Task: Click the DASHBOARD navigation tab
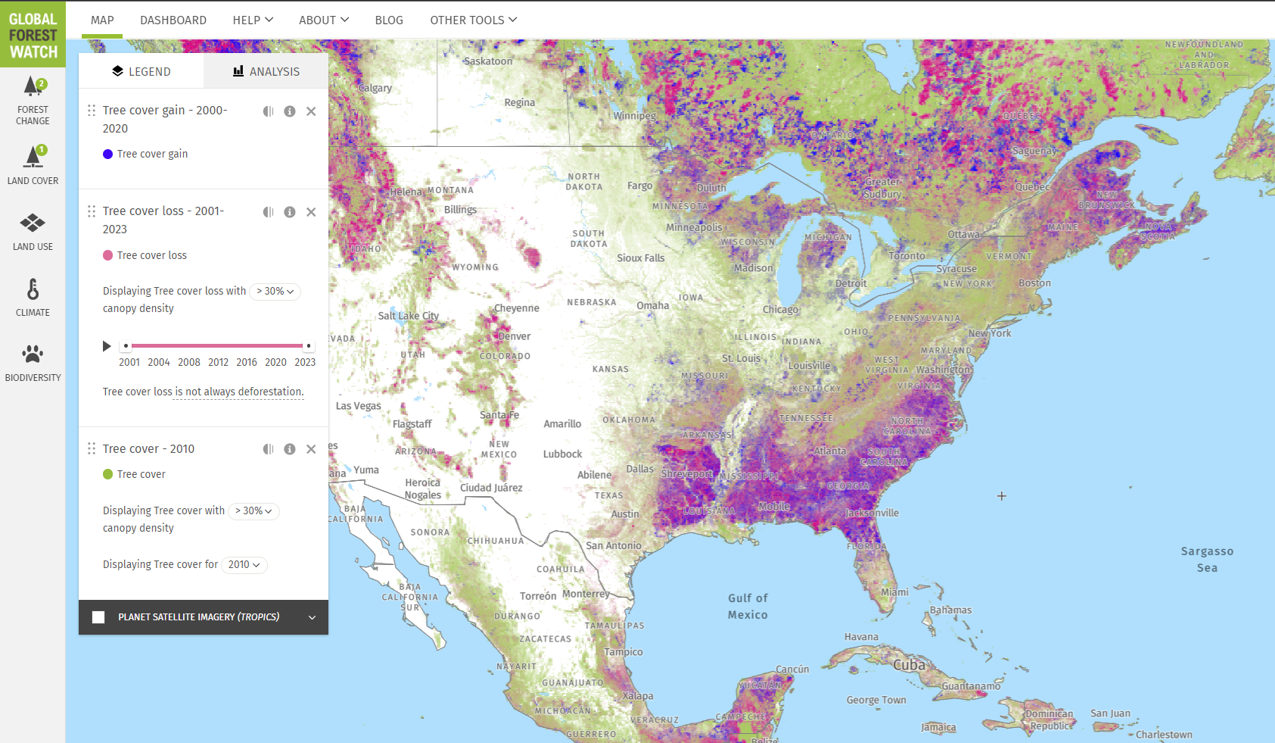click(173, 20)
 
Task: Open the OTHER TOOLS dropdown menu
click(473, 20)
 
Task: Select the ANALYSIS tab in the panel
click(266, 71)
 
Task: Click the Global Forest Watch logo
click(33, 35)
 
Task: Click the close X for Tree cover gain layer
click(311, 111)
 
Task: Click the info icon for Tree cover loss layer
click(290, 212)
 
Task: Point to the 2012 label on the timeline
click(218, 362)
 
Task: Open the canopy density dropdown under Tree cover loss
click(275, 292)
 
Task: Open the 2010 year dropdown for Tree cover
click(244, 565)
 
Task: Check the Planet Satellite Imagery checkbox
click(98, 617)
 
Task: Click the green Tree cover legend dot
click(108, 474)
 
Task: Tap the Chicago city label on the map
click(780, 310)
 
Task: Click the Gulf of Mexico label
click(748, 607)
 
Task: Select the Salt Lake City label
click(408, 316)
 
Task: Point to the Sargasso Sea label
click(1207, 560)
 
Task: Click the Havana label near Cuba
click(861, 637)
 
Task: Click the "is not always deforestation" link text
click(239, 392)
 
